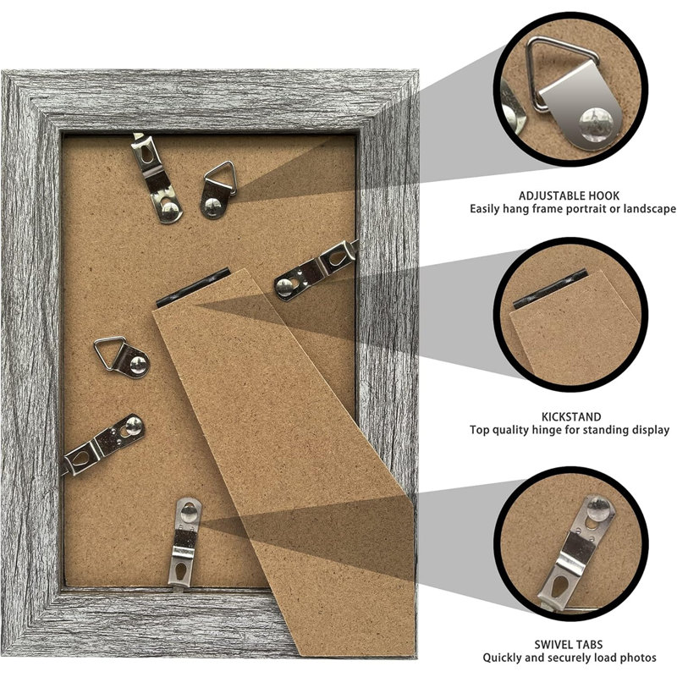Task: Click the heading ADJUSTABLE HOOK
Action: pos(569,196)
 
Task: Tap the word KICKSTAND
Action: pos(571,416)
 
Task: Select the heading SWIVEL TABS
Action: pos(568,645)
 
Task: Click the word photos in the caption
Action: pos(637,658)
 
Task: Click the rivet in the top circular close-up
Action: pos(597,124)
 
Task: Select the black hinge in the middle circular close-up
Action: pos(550,289)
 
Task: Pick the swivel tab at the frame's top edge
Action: pos(157,178)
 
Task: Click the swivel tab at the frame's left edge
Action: pos(102,445)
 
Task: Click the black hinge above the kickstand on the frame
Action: pos(193,288)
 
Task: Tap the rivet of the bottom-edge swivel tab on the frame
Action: pos(189,509)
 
